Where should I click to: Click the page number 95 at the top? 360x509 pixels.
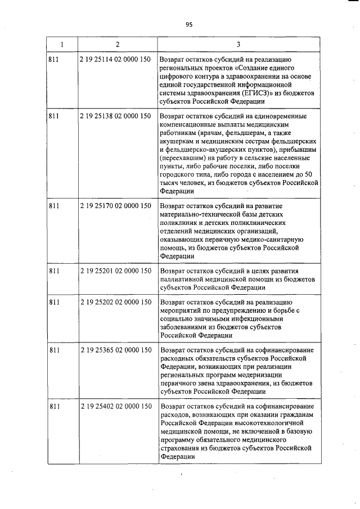188,24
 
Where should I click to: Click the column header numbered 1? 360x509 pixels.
61,44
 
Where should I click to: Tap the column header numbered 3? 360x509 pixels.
238,44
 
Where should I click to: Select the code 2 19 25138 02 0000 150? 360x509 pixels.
115,116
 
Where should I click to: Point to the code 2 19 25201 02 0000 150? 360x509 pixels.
115,271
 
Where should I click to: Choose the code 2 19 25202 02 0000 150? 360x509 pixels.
115,302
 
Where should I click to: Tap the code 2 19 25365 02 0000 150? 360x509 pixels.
115,350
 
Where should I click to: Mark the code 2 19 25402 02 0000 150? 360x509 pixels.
115,406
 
